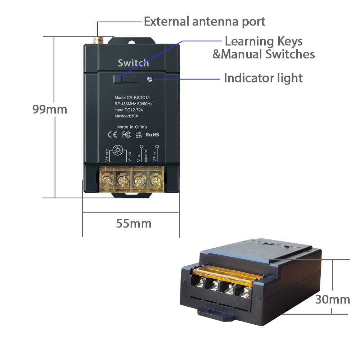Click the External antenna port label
point(204,22)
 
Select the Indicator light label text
point(263,78)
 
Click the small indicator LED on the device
point(149,79)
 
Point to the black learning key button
point(118,79)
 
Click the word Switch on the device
point(133,63)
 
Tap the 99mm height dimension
point(50,109)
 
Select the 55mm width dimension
point(134,224)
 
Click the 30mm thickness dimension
point(332,300)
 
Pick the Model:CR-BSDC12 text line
point(132,98)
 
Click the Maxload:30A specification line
point(126,116)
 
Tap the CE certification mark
point(112,135)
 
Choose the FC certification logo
point(126,135)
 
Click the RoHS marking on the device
point(152,135)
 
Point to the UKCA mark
point(139,135)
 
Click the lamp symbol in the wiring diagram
point(118,150)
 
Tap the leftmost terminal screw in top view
point(107,180)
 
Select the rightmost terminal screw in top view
point(156,181)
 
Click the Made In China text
point(132,127)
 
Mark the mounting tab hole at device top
point(132,42)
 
